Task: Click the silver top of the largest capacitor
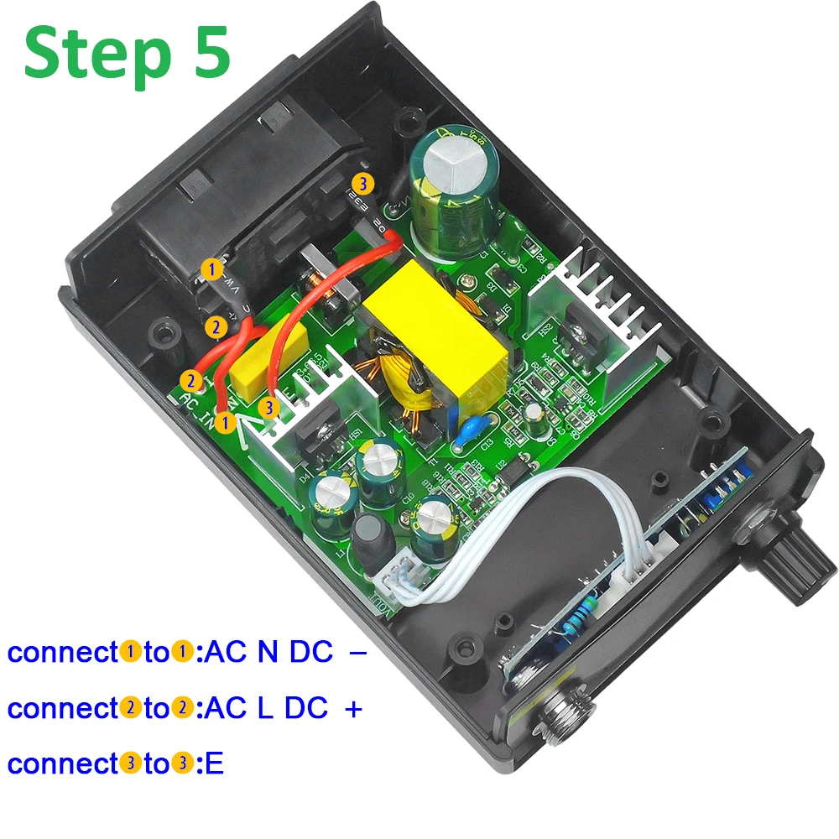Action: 452,159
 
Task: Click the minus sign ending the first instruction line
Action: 356,652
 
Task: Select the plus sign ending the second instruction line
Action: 353,708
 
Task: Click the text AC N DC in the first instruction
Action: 269,652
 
